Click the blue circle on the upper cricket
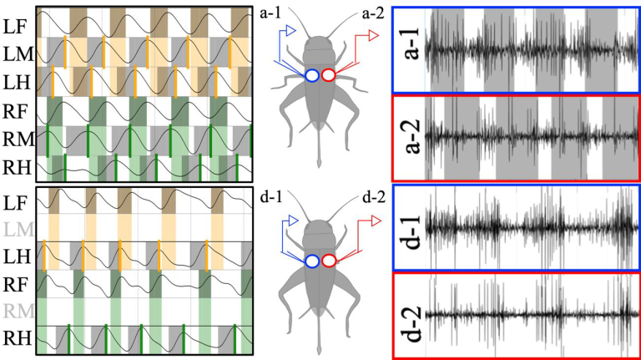pos(311,75)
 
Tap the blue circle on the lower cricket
pos(311,261)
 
